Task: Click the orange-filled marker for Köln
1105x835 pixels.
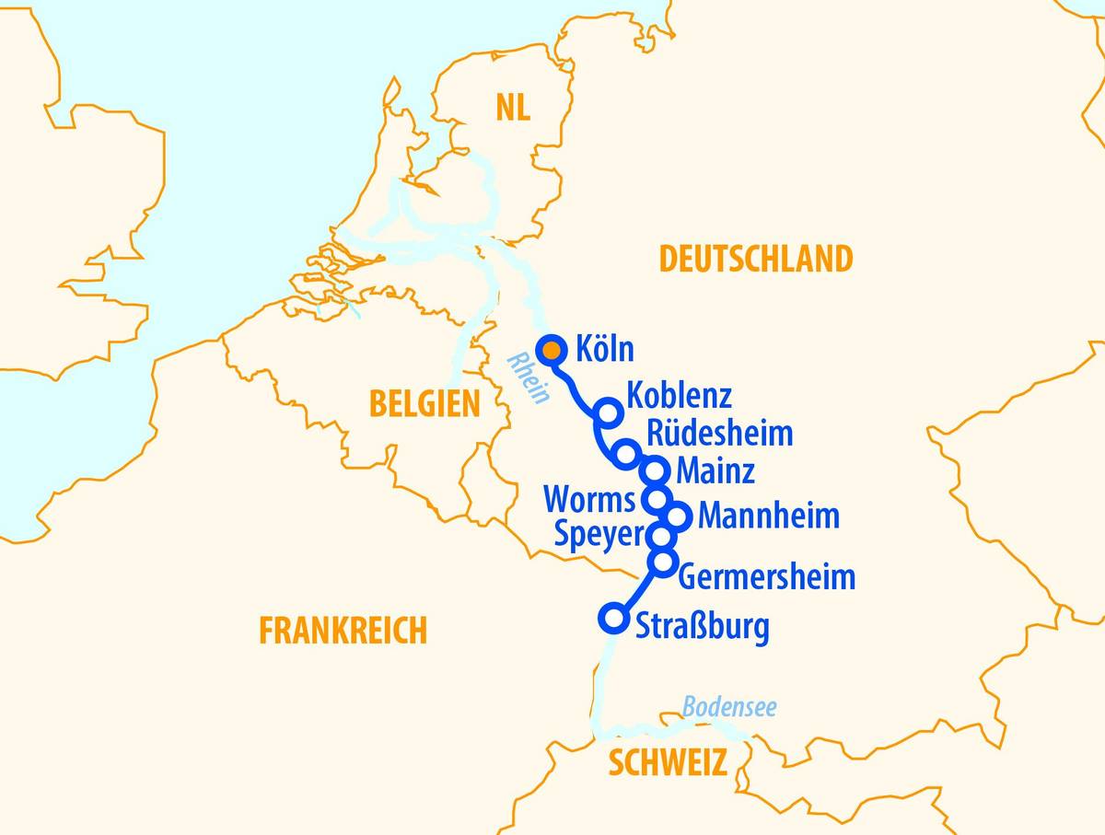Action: [x=551, y=350]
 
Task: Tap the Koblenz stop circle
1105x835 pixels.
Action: [x=607, y=412]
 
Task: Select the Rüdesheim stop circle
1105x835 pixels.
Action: [x=626, y=453]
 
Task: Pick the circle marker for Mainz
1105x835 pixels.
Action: [x=655, y=471]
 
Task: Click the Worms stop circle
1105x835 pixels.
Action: [x=656, y=500]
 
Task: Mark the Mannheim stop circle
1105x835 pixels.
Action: [x=677, y=516]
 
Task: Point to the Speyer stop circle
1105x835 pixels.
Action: [x=661, y=535]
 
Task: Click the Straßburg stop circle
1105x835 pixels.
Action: [x=612, y=618]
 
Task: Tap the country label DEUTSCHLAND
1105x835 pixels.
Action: [x=755, y=260]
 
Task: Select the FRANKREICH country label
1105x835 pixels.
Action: [x=343, y=632]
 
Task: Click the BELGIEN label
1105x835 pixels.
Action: [x=425, y=404]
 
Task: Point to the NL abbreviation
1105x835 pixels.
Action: [x=512, y=108]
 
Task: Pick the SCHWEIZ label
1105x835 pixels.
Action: [x=667, y=762]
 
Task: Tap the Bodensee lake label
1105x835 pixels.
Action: [x=728, y=707]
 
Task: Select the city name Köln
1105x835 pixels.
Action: [x=604, y=351]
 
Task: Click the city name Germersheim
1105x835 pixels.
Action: [x=766, y=577]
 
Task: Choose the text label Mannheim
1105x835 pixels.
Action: [x=768, y=516]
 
